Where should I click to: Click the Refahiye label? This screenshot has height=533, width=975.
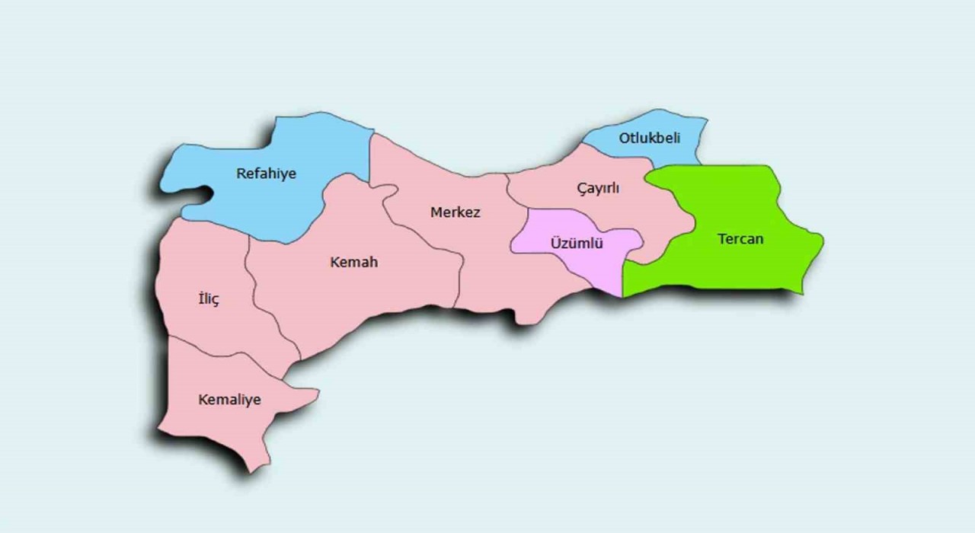(266, 174)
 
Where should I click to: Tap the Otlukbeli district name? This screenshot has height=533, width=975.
(649, 138)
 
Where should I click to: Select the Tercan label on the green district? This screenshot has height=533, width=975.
(740, 239)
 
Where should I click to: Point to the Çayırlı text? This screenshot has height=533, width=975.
(598, 188)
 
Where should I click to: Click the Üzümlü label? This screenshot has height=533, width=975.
(577, 244)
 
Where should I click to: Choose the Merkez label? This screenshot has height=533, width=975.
(456, 212)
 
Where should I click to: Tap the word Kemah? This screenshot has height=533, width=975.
(353, 262)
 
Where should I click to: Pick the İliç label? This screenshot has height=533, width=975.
(208, 298)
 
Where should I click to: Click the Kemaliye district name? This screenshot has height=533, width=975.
(229, 400)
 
